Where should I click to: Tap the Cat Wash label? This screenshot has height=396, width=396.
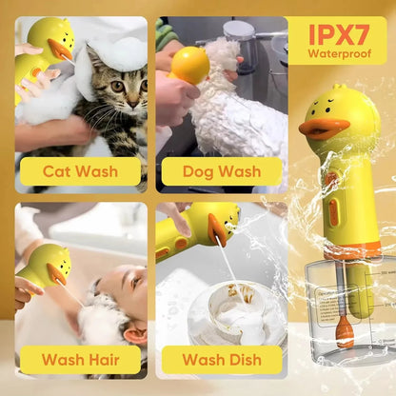81,172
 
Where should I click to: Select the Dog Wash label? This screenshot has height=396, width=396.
222,172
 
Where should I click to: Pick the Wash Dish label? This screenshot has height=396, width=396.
222,360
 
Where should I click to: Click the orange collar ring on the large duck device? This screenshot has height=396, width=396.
352,249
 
